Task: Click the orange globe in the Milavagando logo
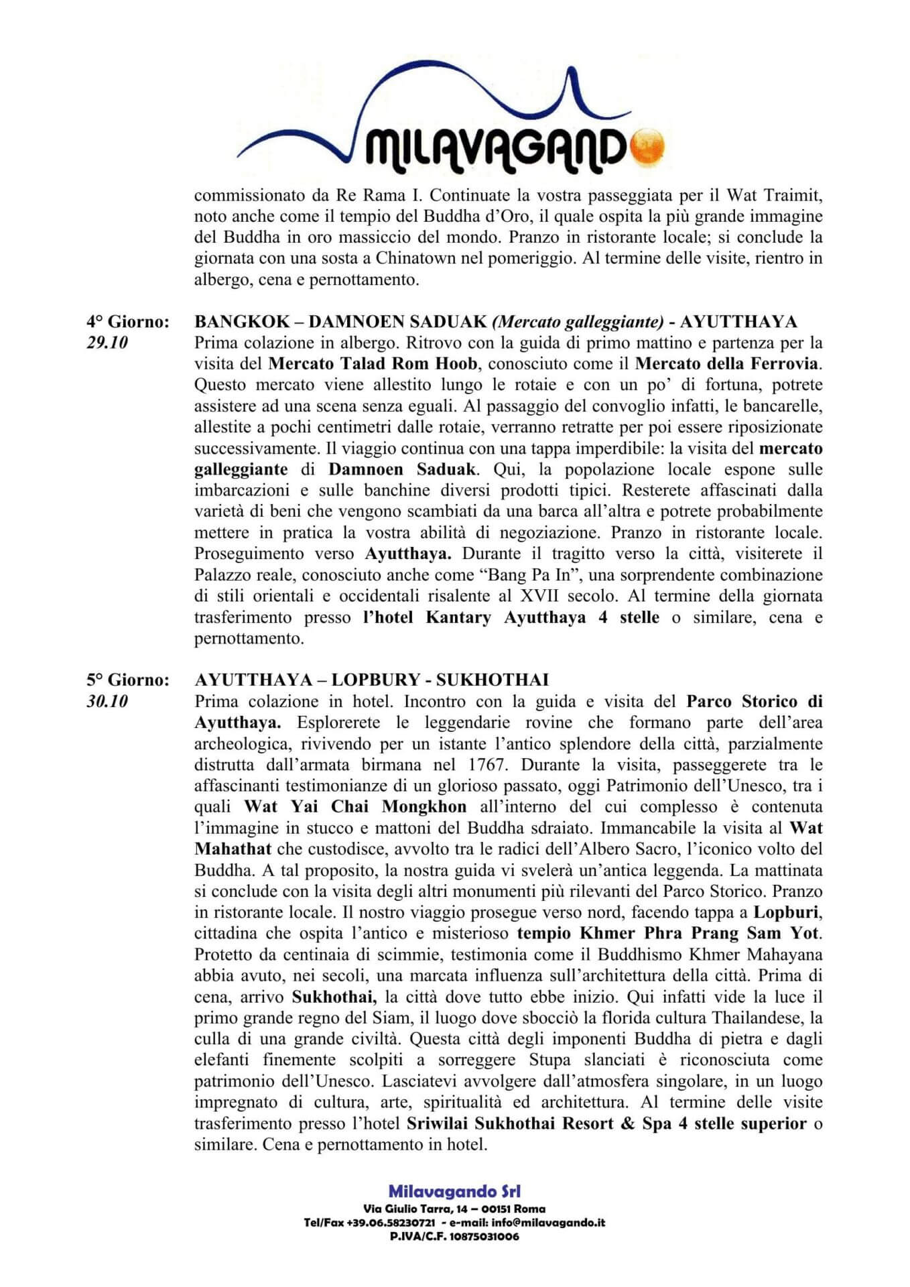648,143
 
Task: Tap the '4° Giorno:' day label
127,322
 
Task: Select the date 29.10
107,343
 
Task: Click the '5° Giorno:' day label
127,680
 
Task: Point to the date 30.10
107,701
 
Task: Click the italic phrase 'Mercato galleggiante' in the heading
578,322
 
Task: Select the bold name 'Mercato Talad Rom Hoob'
373,364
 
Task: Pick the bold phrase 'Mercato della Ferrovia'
726,364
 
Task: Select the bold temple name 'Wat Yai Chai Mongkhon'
354,806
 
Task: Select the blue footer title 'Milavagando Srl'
454,1191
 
